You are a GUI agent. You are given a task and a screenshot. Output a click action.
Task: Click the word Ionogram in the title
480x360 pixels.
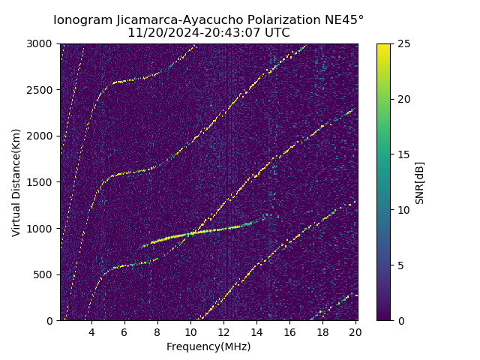82,19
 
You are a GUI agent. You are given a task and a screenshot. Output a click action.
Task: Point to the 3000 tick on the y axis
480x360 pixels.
42,43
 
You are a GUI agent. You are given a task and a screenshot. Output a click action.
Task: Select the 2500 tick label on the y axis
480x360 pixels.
42,90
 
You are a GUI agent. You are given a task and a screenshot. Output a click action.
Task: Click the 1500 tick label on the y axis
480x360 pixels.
42,182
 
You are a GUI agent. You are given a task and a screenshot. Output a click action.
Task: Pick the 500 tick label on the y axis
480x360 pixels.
45,274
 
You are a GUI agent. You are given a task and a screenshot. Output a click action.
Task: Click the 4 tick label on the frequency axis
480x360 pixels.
91,332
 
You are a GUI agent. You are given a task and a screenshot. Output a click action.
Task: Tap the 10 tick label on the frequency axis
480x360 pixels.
190,332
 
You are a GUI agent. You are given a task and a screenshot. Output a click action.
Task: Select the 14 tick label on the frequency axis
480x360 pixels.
256,332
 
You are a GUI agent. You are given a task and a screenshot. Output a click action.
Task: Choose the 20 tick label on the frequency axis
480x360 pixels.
355,332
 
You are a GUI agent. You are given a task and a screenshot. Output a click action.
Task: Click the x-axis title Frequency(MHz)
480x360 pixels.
208,346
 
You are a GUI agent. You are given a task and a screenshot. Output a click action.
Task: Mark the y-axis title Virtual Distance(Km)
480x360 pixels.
16,182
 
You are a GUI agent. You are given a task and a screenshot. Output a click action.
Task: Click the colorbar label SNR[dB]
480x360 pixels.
420,182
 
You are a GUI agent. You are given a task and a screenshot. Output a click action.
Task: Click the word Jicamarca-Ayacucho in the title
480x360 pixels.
176,19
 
